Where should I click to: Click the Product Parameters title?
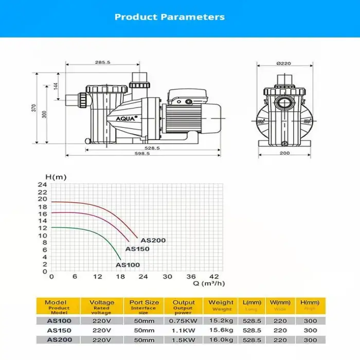tap(169, 17)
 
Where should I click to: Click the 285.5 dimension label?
tap(103, 63)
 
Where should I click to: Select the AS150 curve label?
tap(137, 249)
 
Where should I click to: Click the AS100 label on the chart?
tap(128, 265)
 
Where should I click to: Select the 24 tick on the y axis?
tap(43, 185)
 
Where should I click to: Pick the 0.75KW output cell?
tap(184, 321)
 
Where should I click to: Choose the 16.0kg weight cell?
tap(222, 339)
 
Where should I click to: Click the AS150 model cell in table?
tap(56, 330)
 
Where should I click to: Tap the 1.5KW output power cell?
tap(184, 339)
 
